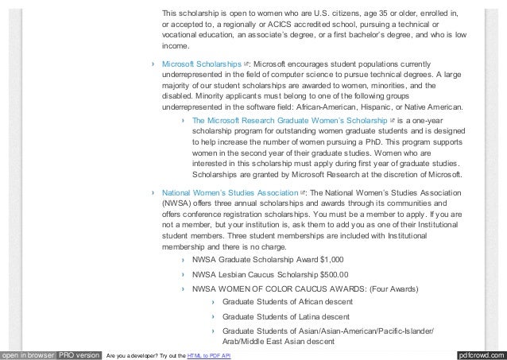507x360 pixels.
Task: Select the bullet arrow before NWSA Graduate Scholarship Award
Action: click(x=184, y=258)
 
